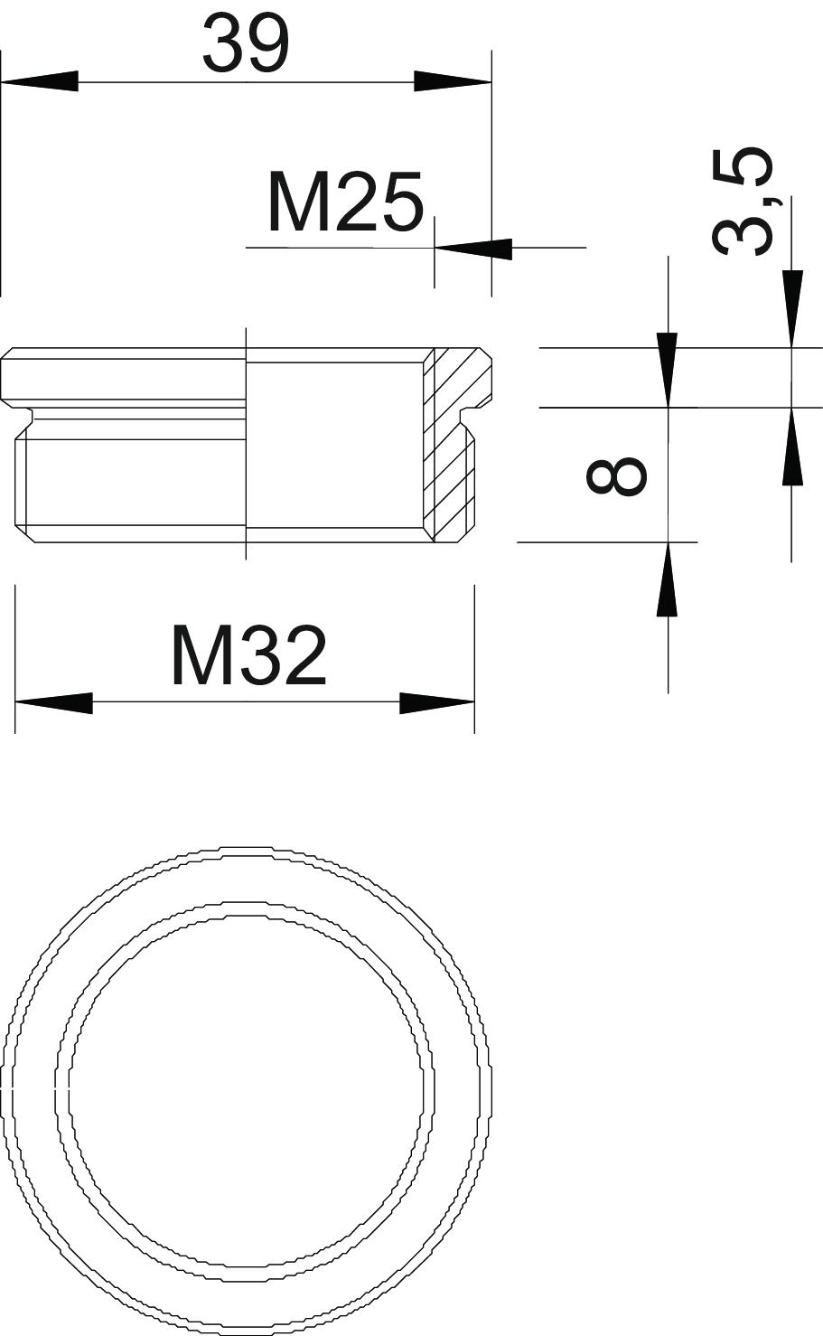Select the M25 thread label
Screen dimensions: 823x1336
346,202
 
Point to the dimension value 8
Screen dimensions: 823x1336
616,475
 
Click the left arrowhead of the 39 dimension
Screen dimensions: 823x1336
40,81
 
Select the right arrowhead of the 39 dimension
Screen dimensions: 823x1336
453,81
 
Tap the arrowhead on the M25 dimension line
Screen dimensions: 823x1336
473,248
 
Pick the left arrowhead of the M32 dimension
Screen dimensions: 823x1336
53,703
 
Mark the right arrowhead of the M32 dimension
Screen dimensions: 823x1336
437,703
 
